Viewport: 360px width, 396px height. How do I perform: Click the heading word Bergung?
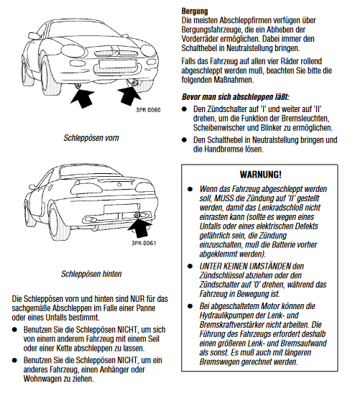195,11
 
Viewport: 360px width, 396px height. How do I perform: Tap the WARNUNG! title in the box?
260,175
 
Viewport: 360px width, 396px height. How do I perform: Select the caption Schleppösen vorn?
91,138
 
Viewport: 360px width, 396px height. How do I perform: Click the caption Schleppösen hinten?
91,274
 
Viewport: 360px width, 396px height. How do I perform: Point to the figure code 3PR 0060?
148,110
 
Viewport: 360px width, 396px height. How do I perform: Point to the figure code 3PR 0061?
144,243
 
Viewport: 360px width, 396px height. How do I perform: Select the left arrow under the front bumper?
83,97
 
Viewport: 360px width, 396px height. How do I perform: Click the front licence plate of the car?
117,63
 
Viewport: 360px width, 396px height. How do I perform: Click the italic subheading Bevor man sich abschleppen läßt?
236,97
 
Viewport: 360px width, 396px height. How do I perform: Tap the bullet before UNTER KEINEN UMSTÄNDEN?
190,266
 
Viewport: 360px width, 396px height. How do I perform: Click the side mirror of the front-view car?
34,36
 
